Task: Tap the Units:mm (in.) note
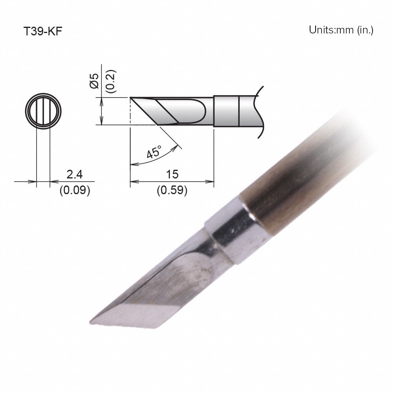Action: point(341,30)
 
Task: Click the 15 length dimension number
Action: point(172,174)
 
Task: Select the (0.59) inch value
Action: point(172,191)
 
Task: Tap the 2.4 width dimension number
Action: point(74,174)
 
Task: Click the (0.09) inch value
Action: point(75,191)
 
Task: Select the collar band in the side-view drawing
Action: point(227,111)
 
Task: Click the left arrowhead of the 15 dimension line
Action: point(132,182)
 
